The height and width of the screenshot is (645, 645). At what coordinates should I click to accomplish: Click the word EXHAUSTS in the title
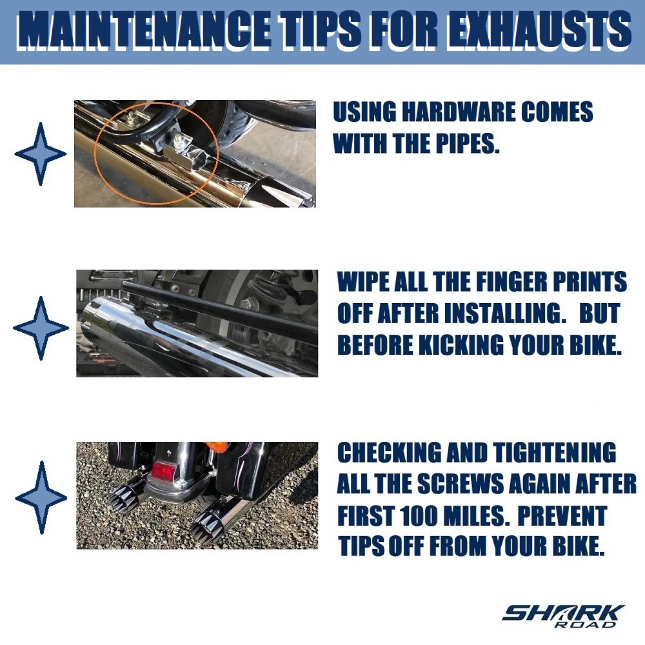tap(539, 30)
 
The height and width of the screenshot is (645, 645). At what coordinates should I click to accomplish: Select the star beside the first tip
tap(40, 154)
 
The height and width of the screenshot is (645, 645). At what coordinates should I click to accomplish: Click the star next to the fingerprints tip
tap(41, 328)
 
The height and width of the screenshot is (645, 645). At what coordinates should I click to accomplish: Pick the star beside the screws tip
tap(41, 498)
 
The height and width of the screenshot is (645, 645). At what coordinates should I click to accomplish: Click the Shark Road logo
tap(563, 616)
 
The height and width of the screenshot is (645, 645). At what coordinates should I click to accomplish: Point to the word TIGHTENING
tap(555, 453)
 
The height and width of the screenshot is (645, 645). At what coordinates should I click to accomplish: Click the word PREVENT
tap(562, 515)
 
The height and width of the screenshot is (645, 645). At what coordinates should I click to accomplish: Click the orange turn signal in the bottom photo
tap(216, 447)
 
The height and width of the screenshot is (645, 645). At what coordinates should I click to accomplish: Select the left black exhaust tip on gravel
tap(126, 497)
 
